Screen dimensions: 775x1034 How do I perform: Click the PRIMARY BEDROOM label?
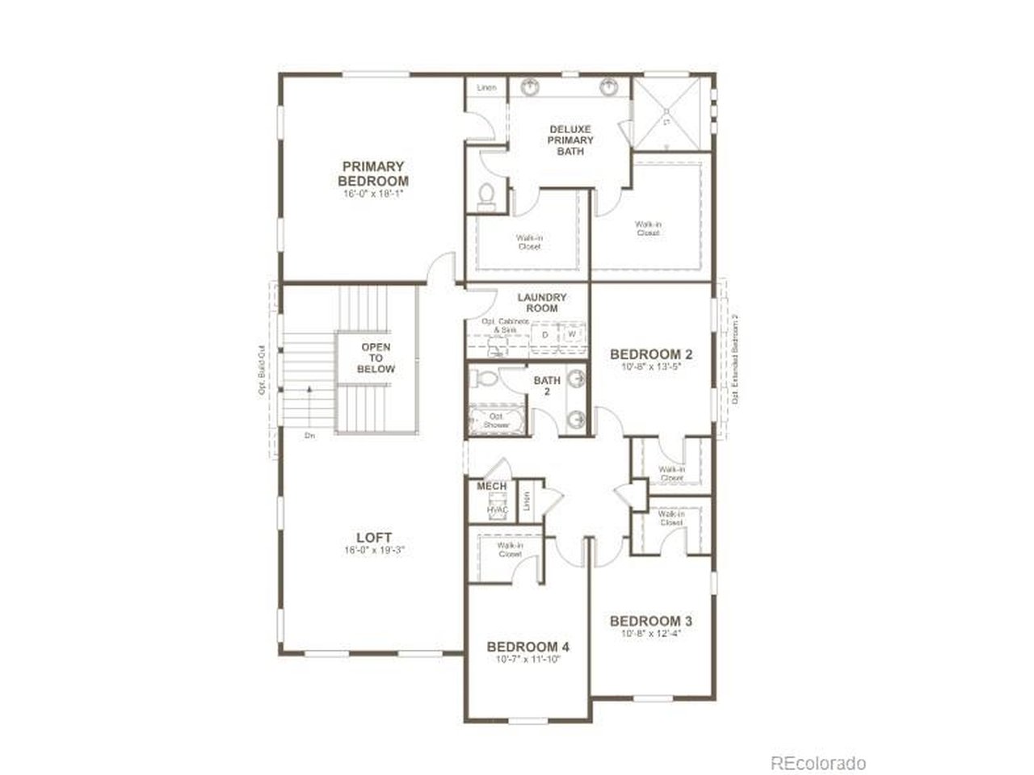372,174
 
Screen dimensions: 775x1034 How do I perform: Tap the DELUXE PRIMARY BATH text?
570,140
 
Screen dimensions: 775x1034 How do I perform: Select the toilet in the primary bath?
486,195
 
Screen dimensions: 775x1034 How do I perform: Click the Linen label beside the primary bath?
486,87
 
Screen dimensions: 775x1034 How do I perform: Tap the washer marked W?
572,334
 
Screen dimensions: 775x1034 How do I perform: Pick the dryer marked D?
545,334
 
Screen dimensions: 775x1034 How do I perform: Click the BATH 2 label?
547,386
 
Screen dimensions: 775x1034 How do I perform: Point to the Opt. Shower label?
497,421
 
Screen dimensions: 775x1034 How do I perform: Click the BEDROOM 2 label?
650,354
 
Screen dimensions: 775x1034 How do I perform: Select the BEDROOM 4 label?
528,647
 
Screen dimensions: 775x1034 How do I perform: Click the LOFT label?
374,537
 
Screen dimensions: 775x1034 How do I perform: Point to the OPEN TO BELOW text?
377,358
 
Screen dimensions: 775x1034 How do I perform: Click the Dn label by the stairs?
309,436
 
